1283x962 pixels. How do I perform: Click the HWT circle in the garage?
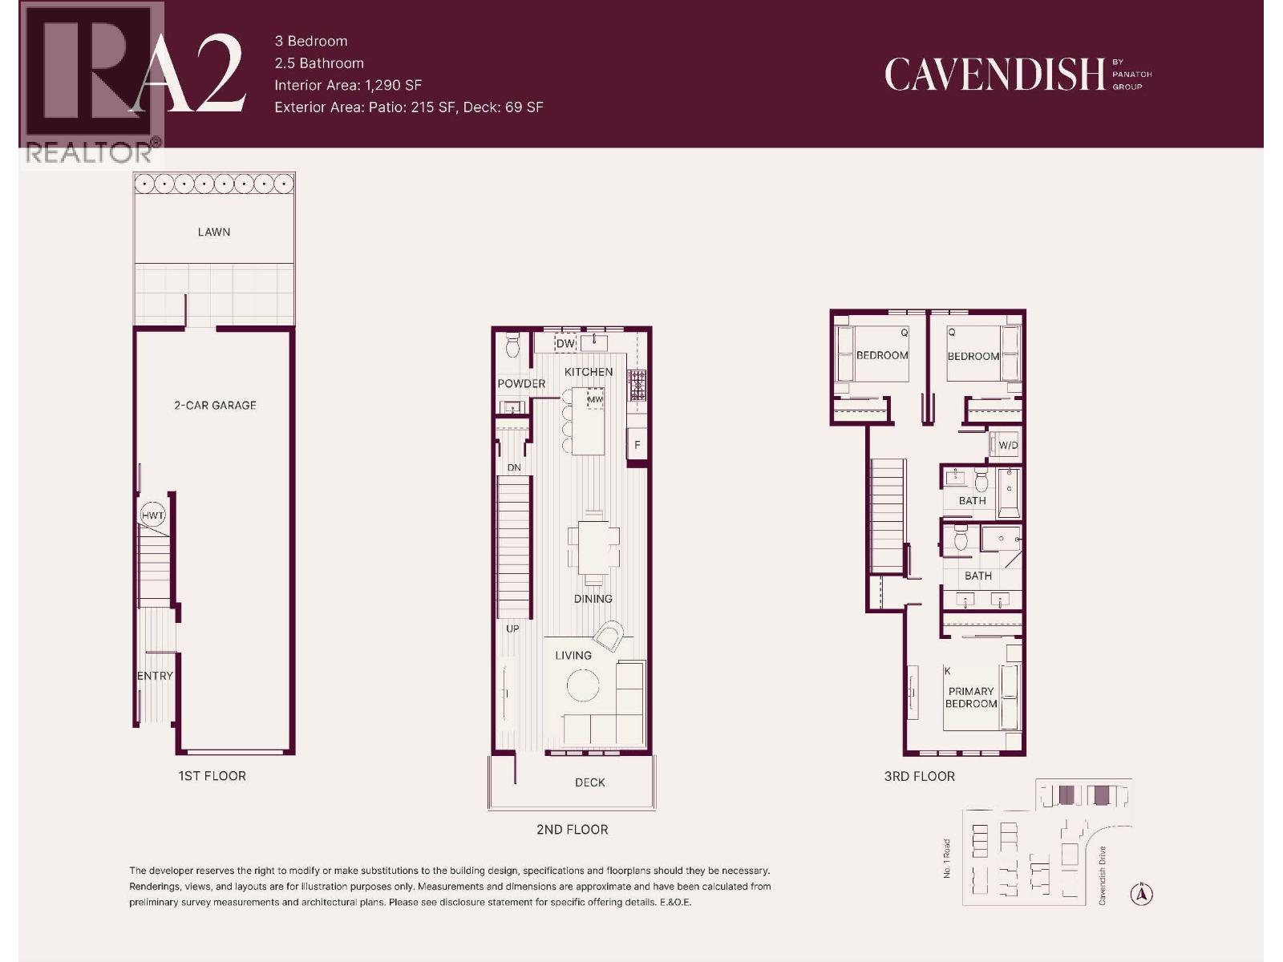[152, 515]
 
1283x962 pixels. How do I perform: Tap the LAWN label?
[214, 232]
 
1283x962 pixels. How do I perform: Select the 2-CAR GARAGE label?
[215, 406]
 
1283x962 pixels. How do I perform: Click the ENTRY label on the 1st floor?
[155, 676]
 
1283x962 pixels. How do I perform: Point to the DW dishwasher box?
[565, 344]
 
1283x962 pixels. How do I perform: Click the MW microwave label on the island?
[595, 399]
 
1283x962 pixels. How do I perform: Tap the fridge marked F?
[637, 445]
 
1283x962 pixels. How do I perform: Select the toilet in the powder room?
[513, 346]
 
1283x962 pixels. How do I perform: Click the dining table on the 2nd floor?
[593, 549]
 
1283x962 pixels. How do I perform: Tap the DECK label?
[589, 782]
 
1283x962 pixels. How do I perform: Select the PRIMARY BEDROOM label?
[971, 697]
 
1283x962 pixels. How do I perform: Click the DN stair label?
[514, 467]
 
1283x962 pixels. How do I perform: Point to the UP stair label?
[512, 629]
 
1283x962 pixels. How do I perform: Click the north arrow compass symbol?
[1142, 894]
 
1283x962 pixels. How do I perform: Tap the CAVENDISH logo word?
[994, 75]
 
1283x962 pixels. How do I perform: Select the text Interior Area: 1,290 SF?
[348, 85]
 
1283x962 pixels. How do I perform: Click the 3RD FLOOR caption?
[919, 776]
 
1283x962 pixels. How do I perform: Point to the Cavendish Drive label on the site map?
[1103, 875]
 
